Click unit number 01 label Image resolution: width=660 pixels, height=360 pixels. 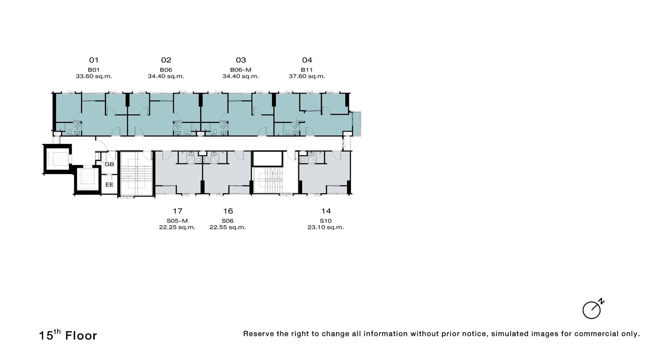[94, 60]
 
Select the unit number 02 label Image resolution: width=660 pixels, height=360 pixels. [166, 60]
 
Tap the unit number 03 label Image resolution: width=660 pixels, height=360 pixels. [241, 60]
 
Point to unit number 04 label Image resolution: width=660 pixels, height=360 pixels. [307, 60]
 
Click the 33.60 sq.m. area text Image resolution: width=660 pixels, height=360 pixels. [94, 76]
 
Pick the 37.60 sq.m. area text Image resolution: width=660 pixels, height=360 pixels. [307, 76]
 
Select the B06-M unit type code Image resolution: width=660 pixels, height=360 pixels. [241, 70]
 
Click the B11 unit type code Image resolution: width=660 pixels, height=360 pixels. [307, 70]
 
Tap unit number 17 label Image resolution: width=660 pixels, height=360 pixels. [177, 211]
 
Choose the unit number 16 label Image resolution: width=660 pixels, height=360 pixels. [228, 211]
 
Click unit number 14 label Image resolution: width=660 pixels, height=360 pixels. [326, 211]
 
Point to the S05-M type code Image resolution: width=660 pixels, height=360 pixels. [177, 221]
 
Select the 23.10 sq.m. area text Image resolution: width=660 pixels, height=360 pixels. [326, 227]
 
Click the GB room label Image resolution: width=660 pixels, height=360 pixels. [109, 164]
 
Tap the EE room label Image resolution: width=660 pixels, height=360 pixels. [109, 184]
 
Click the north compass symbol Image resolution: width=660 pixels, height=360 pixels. [593, 309]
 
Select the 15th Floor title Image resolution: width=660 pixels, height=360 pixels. [68, 335]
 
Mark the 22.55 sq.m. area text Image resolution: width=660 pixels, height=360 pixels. [227, 227]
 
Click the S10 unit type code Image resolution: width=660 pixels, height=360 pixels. [326, 221]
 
